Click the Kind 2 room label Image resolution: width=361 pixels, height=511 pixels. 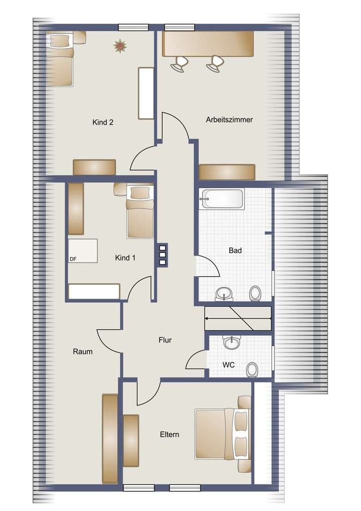coord(103,122)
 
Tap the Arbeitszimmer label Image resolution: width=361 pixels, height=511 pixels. coord(229,120)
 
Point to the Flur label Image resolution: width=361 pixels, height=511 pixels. coord(165,340)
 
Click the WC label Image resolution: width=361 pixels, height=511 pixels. coord(229,364)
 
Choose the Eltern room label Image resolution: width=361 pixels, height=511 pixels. coord(170,435)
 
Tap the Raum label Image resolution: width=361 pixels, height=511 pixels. coord(82,352)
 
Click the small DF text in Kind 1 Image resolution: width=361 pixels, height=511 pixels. coord(73,259)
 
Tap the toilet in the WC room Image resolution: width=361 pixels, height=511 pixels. coord(253,369)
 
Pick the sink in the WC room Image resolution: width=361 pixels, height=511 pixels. coord(231,343)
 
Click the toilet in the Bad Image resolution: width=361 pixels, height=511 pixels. coord(255,293)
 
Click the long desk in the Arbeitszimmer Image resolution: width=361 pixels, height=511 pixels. coord(208,44)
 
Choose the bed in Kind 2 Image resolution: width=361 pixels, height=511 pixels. coord(61,59)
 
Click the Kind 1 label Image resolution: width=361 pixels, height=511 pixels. coord(125,258)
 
